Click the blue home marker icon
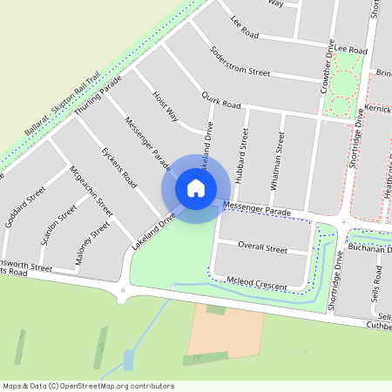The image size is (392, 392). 196,188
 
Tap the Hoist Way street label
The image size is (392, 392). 165,105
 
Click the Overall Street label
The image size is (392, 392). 262,249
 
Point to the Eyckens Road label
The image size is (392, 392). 119,167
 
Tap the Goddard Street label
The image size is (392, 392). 25,207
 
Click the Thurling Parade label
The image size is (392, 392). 98,96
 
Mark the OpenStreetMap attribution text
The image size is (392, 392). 88,385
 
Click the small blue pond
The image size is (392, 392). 129,359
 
